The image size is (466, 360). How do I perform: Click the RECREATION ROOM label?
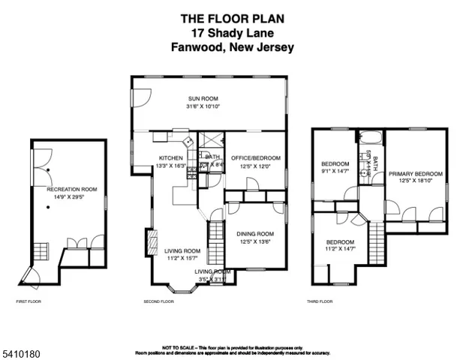(x=72, y=190)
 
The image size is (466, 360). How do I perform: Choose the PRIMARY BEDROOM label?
(x=415, y=174)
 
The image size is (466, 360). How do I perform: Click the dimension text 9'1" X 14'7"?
(x=335, y=172)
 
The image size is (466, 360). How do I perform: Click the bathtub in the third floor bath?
(x=371, y=138)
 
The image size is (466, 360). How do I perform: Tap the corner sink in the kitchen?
(x=191, y=139)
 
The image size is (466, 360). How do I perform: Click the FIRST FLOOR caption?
(x=29, y=301)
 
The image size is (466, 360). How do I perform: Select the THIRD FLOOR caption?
(x=320, y=301)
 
